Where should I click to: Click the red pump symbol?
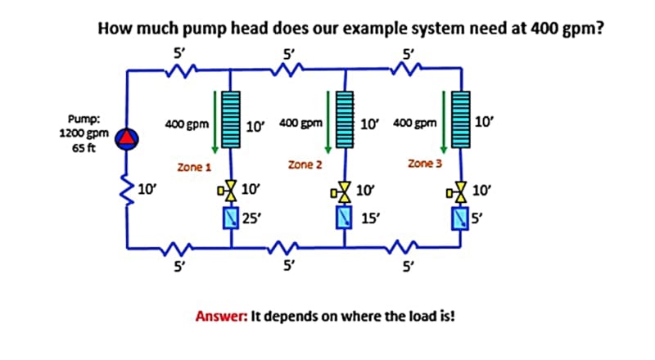click(128, 137)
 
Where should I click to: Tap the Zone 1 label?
click(194, 167)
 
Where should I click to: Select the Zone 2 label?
click(305, 165)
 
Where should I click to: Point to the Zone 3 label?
click(424, 164)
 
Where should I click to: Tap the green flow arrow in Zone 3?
click(445, 121)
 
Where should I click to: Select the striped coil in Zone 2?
click(345, 119)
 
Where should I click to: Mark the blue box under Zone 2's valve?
click(345, 218)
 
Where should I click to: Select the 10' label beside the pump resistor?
click(148, 190)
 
